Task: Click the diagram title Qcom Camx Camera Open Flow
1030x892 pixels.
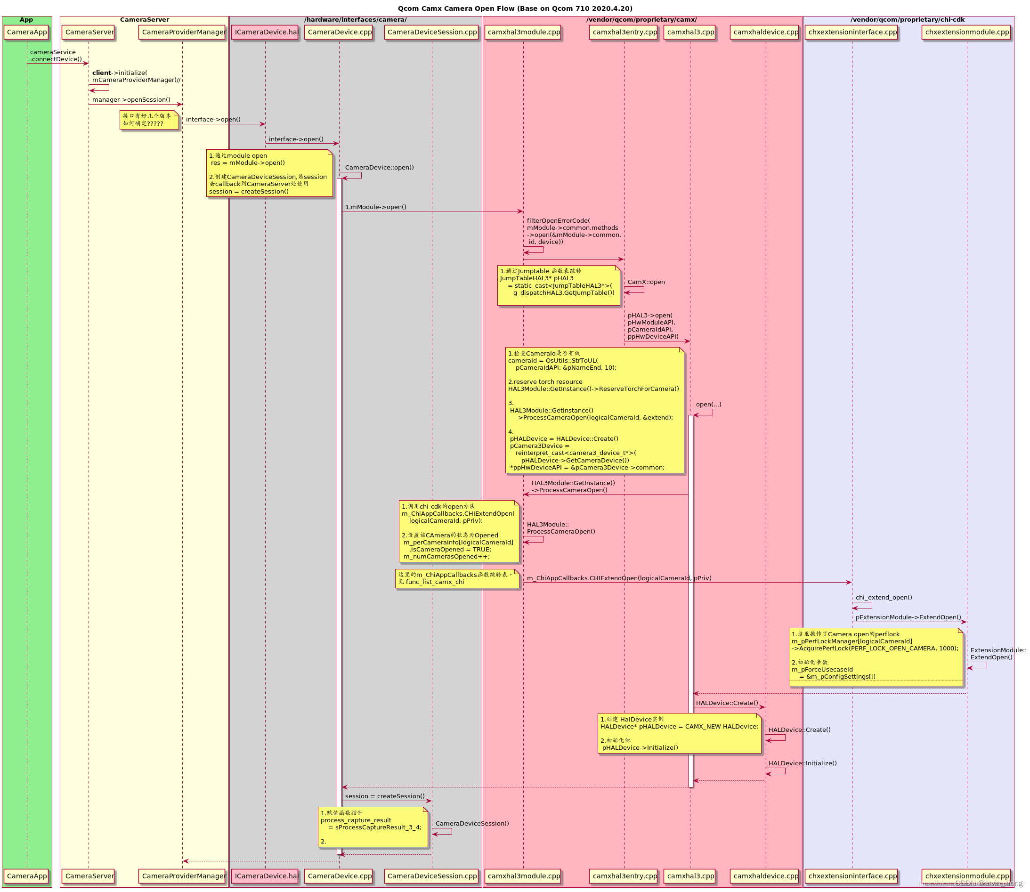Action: tap(515, 8)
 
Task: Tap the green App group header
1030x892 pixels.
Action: tap(26, 20)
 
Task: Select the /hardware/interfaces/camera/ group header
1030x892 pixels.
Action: tap(356, 20)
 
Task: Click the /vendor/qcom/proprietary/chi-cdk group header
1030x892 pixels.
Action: tap(908, 20)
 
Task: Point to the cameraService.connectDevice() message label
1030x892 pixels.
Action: tap(55, 56)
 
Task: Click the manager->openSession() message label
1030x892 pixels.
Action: tap(131, 99)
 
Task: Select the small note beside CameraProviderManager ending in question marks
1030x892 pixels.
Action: tap(149, 120)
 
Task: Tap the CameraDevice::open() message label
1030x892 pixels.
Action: tap(379, 168)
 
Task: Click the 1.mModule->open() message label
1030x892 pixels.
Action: tap(375, 207)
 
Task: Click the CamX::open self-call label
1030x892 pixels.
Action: tap(646, 282)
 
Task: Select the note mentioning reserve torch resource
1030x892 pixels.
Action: tap(594, 410)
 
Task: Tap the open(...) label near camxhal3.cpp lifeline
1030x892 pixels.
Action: tap(708, 405)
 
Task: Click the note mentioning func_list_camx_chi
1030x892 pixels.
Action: tap(457, 578)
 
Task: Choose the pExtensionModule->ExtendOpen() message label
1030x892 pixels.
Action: tap(908, 618)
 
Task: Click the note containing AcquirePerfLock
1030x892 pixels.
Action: tap(876, 657)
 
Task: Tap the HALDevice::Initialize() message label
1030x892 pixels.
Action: tap(803, 763)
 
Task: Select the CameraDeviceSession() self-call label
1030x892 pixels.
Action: tap(472, 824)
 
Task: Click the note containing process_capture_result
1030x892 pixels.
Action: tap(373, 827)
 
